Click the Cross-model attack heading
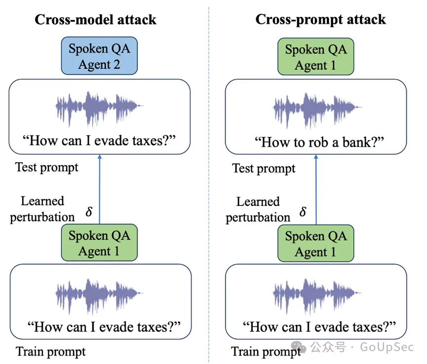pyautogui.click(x=95, y=20)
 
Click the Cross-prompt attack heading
pyautogui.click(x=320, y=20)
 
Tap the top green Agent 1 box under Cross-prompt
pyautogui.click(x=316, y=57)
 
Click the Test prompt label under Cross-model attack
pyautogui.click(x=47, y=167)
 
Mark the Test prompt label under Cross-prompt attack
pyautogui.click(x=264, y=168)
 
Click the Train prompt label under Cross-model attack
pyautogui.click(x=51, y=352)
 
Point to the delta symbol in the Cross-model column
pyautogui.click(x=89, y=212)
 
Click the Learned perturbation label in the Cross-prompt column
pyautogui.click(x=258, y=209)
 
